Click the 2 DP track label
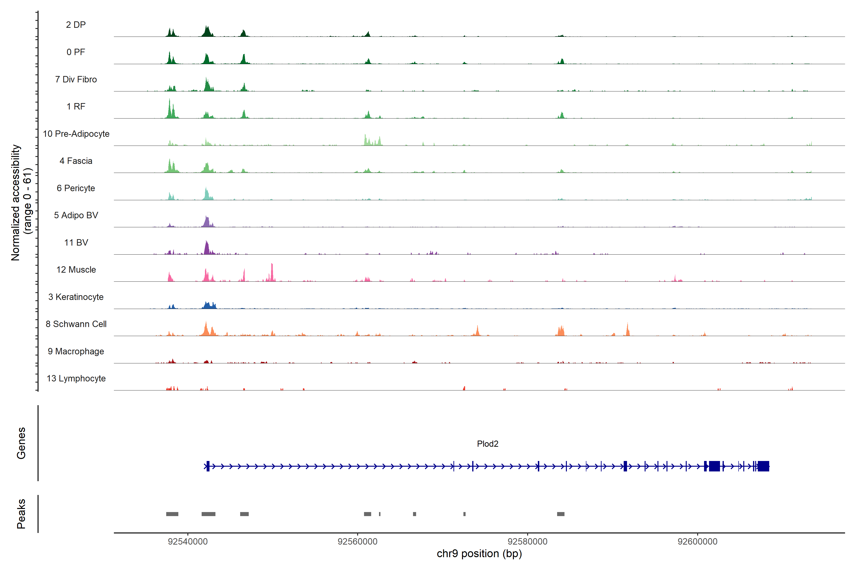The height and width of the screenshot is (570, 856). (76, 25)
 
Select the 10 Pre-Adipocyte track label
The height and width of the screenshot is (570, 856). (76, 134)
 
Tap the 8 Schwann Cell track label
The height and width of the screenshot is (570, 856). (76, 324)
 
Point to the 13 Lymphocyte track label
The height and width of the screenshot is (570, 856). (76, 378)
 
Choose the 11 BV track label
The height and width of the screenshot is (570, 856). (76, 242)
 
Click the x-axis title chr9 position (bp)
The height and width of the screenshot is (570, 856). (479, 554)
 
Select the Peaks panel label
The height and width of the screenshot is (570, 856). (21, 514)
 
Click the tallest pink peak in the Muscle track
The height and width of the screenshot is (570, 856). (272, 271)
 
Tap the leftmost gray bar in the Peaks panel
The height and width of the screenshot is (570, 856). (172, 514)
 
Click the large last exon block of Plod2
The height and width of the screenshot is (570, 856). (763, 466)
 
